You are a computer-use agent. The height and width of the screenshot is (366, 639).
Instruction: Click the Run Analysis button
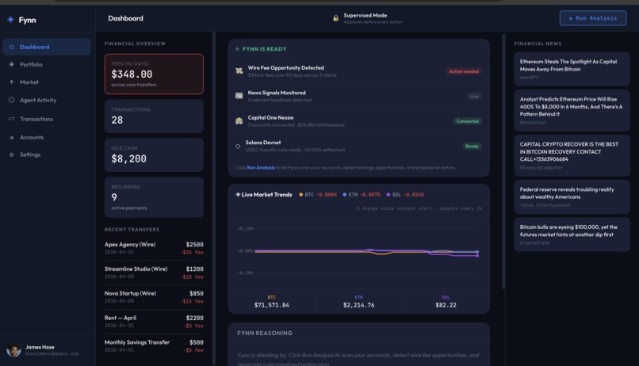click(593, 18)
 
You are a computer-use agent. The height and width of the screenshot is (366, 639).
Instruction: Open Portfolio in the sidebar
click(31, 64)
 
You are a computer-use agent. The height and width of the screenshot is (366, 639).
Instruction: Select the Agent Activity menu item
click(37, 101)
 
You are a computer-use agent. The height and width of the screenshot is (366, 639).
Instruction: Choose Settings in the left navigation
click(30, 154)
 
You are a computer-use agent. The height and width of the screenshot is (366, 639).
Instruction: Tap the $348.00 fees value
click(132, 74)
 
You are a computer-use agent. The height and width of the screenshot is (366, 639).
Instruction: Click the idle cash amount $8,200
click(128, 159)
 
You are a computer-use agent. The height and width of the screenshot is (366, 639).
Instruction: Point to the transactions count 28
click(117, 120)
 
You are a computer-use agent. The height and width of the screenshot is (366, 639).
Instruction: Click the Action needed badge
click(464, 71)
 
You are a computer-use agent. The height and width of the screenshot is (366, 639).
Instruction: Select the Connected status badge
click(467, 121)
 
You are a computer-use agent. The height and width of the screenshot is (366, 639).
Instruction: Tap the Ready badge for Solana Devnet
click(472, 146)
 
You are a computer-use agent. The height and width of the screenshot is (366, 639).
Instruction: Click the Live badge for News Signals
click(474, 96)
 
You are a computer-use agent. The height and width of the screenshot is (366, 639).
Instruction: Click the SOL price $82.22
click(446, 305)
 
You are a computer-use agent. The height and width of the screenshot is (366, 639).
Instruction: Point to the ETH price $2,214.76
click(358, 305)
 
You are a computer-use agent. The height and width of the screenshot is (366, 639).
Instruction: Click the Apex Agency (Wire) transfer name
click(130, 245)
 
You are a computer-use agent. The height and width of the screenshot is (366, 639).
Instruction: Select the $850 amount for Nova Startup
click(196, 293)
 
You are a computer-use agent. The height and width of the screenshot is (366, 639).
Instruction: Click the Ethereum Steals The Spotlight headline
click(568, 65)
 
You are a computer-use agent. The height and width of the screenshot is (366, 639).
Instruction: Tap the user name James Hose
click(40, 347)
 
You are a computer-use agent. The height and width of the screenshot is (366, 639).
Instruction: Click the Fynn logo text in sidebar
click(27, 20)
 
